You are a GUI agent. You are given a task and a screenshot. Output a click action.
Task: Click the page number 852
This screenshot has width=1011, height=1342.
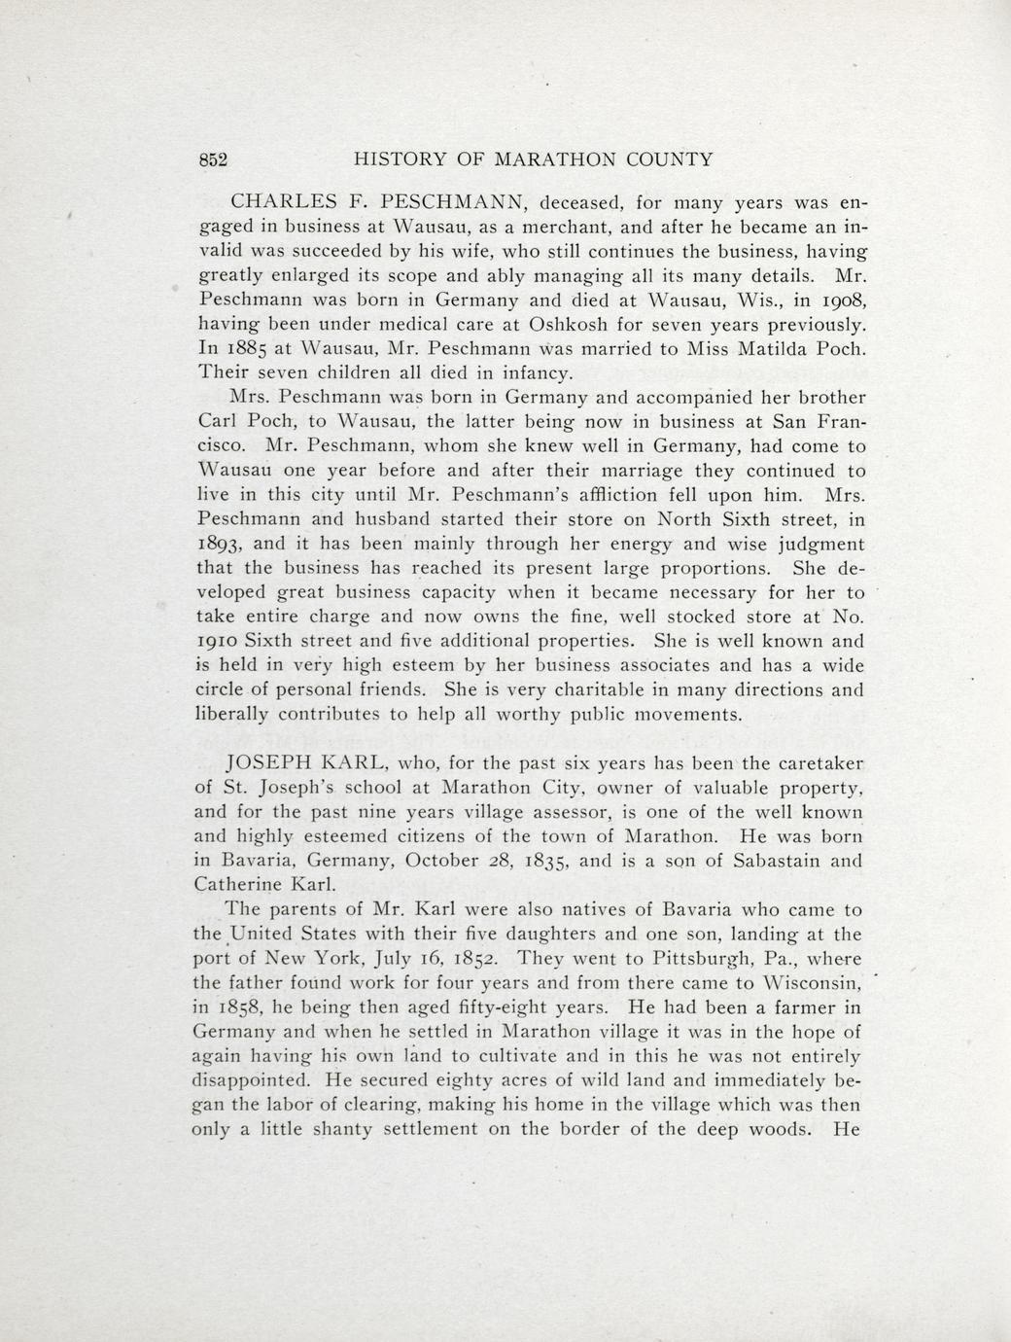(x=212, y=160)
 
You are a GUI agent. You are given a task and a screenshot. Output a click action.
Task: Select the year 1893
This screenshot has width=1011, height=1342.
(x=224, y=545)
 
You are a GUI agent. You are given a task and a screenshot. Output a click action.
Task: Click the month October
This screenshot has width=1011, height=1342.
(x=441, y=861)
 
